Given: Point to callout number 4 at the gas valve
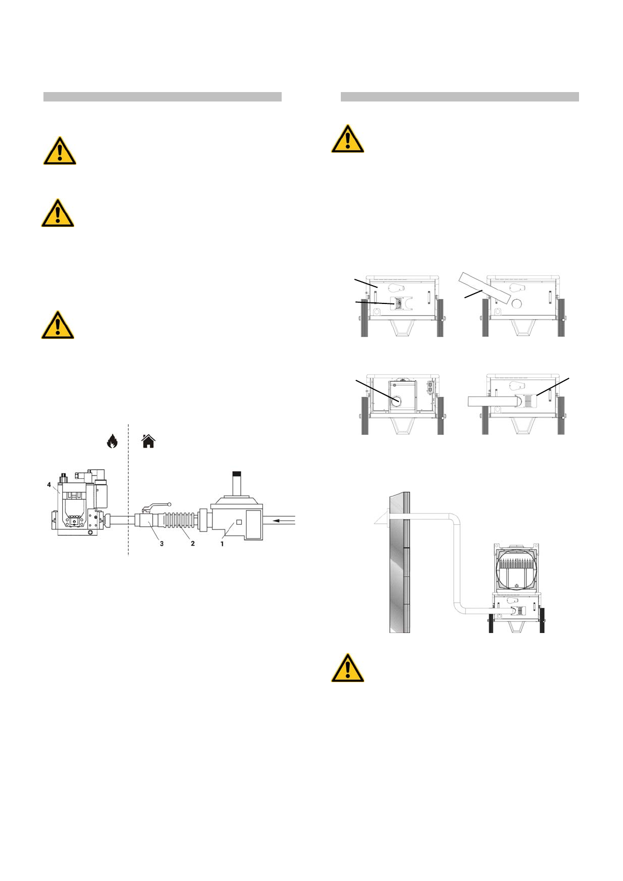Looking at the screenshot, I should coord(49,485).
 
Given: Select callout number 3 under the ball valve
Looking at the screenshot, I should coord(162,544).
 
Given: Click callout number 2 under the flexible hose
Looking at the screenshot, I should coord(193,544).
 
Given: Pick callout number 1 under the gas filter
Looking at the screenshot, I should coord(222,544).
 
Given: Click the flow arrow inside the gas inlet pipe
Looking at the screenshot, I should coord(281,520).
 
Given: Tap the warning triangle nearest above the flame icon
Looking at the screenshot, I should coord(58,325).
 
